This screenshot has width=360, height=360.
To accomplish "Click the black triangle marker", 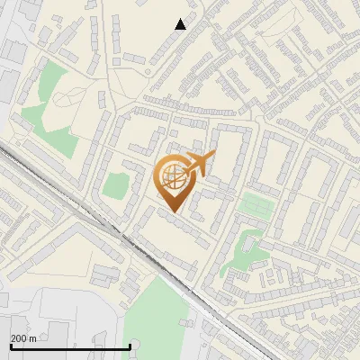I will [x=180, y=24].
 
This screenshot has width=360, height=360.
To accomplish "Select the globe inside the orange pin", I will [x=173, y=179].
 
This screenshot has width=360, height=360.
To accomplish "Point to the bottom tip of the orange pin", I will [x=174, y=213].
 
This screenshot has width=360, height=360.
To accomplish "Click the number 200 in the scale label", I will [x=19, y=338].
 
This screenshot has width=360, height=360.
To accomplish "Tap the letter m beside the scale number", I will [x=33, y=338].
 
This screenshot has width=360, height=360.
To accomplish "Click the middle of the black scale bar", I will [x=70, y=346].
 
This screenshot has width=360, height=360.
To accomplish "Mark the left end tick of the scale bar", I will [x=11, y=346].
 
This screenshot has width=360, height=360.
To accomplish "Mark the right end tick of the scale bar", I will [x=130, y=346].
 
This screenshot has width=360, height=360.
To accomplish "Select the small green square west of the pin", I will [x=115, y=185].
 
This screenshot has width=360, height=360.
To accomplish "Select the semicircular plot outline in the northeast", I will [x=288, y=36].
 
